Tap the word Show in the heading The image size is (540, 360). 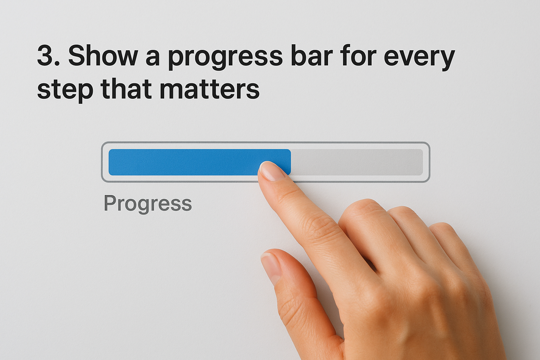pyautogui.click(x=103, y=56)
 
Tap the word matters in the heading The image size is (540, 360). pyautogui.click(x=209, y=89)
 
